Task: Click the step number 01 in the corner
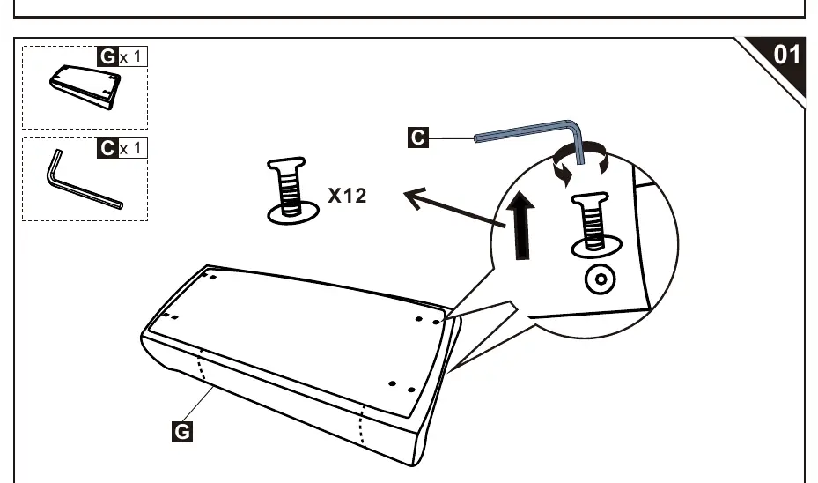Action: click(x=786, y=55)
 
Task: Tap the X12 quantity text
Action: click(x=348, y=196)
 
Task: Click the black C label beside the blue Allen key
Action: click(x=418, y=137)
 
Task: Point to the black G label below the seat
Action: click(x=182, y=432)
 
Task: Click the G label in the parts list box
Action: click(x=107, y=56)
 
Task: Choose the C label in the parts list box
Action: click(x=107, y=148)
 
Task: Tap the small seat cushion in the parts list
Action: click(x=85, y=86)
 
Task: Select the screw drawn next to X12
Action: click(x=292, y=191)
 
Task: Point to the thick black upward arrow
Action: click(x=521, y=226)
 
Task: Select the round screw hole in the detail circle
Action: click(x=601, y=279)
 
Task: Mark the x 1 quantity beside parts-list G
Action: click(x=130, y=56)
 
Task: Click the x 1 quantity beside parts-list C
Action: click(x=130, y=148)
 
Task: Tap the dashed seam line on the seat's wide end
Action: click(x=362, y=423)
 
